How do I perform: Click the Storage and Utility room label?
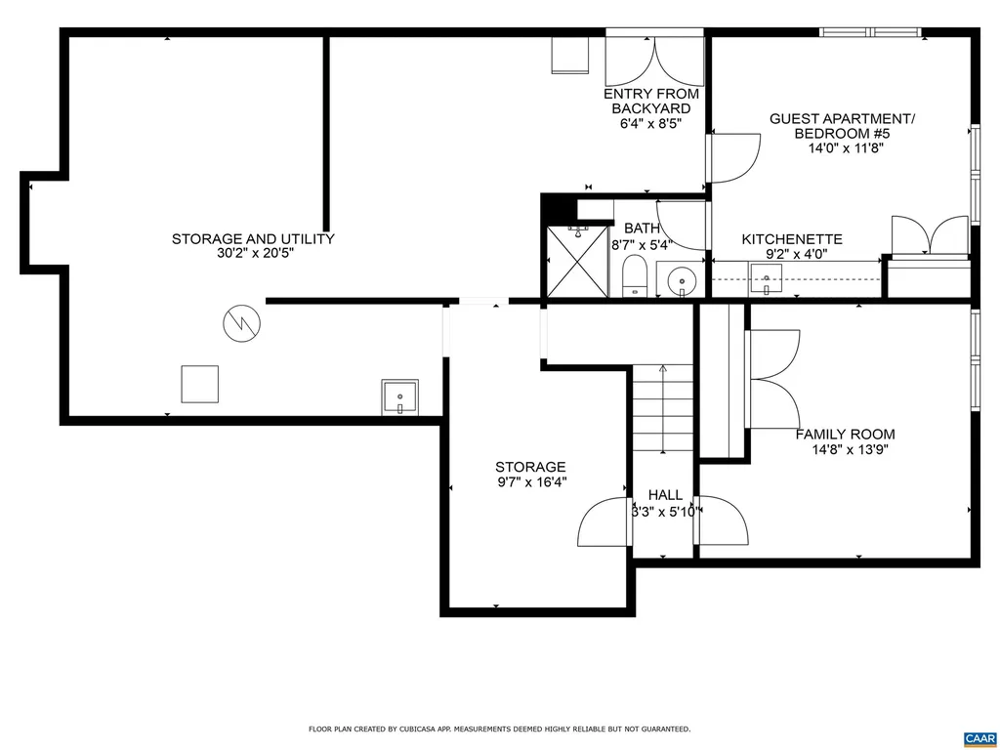click(x=253, y=238)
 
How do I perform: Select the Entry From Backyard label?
click(x=651, y=102)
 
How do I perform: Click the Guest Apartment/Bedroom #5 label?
click(x=842, y=126)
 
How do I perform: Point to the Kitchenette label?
click(x=792, y=239)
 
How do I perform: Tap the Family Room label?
click(x=845, y=435)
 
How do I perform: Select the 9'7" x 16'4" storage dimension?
click(x=530, y=481)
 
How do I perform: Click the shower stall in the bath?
click(x=578, y=261)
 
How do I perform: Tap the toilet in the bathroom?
click(x=635, y=277)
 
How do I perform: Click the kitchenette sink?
click(x=768, y=284)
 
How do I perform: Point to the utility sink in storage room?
click(x=399, y=397)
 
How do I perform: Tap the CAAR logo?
click(x=978, y=737)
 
